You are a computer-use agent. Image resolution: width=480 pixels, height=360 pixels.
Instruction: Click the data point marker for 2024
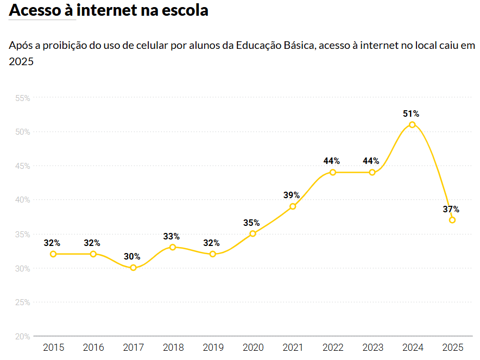[x=412, y=125]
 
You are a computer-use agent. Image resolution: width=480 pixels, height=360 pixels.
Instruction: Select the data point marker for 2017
[x=133, y=268]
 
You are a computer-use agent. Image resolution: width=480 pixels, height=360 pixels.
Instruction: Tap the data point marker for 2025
[x=452, y=220]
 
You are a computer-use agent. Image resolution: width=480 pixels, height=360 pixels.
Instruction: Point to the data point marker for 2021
[x=293, y=206]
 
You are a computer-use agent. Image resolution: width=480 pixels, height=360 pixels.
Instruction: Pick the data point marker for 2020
[x=252, y=233]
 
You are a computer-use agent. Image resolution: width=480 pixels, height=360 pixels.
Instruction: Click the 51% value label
[x=411, y=113]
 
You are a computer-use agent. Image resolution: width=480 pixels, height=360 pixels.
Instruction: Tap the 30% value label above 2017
[x=132, y=256]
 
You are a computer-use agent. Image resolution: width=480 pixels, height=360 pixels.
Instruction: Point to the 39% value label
[x=292, y=195]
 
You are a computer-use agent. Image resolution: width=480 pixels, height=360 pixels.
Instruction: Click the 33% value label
[x=172, y=236]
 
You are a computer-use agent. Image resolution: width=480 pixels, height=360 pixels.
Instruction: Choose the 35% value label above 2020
[x=251, y=223]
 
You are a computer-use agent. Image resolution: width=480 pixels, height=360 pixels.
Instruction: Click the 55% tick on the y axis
[x=22, y=98]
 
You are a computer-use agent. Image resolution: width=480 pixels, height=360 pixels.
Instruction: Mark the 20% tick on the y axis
[x=22, y=337]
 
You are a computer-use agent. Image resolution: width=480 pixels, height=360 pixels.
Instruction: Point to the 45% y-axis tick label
[x=22, y=166]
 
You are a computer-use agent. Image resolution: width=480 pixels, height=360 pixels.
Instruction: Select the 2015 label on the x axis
[x=53, y=348]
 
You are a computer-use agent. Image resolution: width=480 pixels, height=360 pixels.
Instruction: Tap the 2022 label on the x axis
[x=332, y=348]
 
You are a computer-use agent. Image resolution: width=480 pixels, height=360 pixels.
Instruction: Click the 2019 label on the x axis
[x=213, y=348]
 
